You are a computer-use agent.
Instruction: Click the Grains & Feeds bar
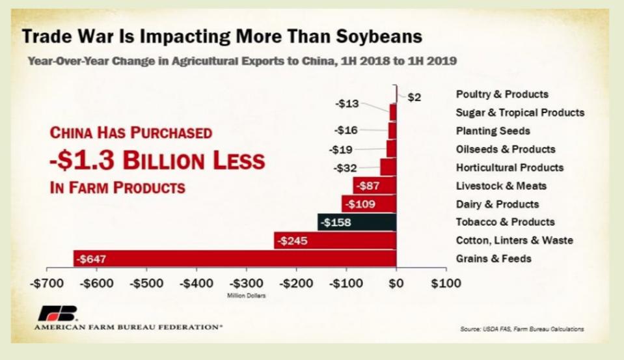tap(234, 258)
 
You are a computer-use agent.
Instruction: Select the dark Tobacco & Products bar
tap(357, 222)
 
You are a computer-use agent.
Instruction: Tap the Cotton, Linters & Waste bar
tap(334, 240)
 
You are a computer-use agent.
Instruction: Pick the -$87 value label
tap(366, 186)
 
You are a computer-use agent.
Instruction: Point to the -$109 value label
tap(359, 204)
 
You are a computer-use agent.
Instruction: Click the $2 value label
tap(414, 98)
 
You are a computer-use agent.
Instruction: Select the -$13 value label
tap(346, 104)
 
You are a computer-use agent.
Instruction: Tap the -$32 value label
tap(345, 168)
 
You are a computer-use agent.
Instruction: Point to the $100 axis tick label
tap(446, 283)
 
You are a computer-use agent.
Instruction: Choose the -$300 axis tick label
tap(246, 283)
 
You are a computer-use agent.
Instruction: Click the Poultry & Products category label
tap(502, 94)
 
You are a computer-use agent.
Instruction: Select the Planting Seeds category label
tap(493, 131)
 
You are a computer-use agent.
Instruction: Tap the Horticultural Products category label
tap(509, 167)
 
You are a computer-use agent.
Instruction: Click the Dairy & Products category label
tap(497, 204)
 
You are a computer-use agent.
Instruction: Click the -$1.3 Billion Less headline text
tap(157, 159)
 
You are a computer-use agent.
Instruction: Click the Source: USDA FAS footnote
tap(521, 329)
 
